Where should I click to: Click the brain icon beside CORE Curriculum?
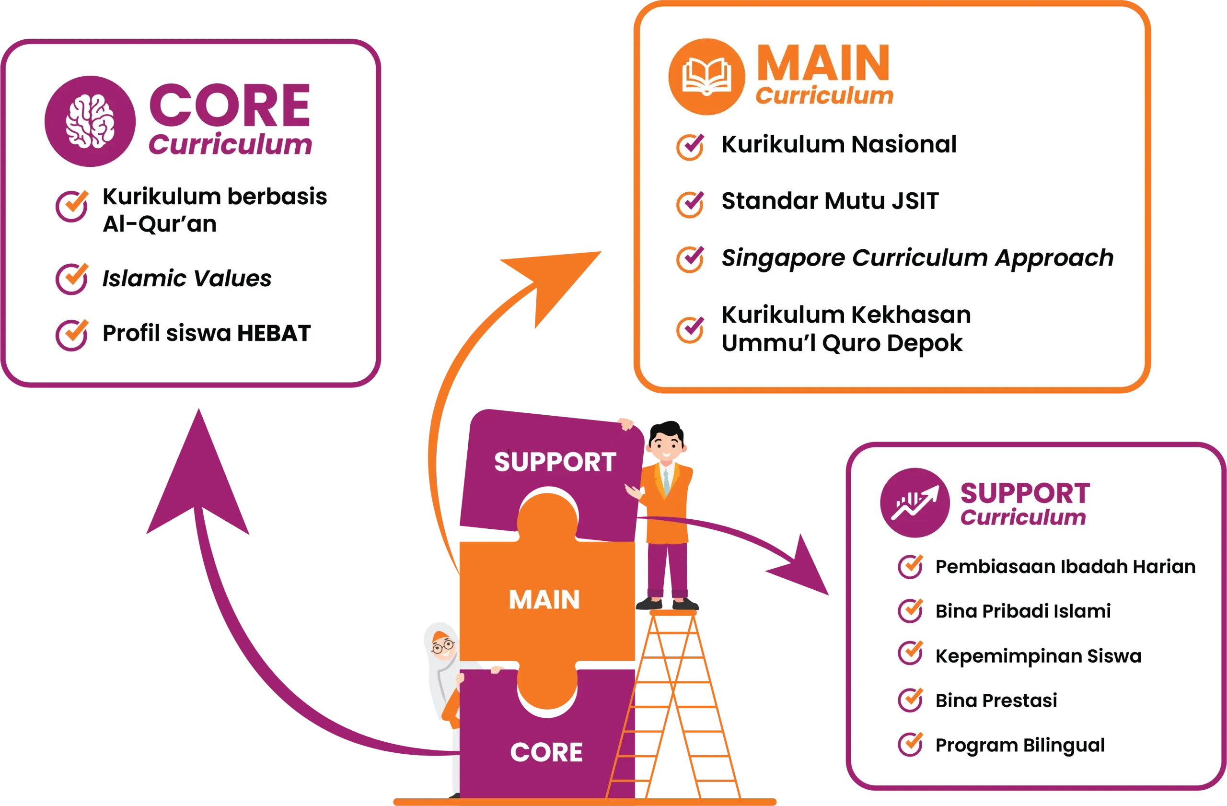(90, 122)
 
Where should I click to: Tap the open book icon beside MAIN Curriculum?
(706, 77)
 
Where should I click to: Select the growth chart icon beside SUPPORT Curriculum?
(914, 503)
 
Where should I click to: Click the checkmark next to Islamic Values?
(72, 279)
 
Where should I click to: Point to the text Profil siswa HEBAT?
(206, 333)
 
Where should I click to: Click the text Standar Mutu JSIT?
(830, 201)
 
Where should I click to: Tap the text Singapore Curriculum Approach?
(916, 258)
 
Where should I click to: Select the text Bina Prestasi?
(996, 701)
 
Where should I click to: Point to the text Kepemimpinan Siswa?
(1038, 656)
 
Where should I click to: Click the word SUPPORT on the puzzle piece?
(555, 462)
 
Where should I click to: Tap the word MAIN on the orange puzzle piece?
(544, 600)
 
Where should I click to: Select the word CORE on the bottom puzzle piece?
(546, 752)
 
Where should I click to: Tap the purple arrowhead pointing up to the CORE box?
(198, 474)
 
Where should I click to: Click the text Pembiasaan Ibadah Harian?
(1065, 567)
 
